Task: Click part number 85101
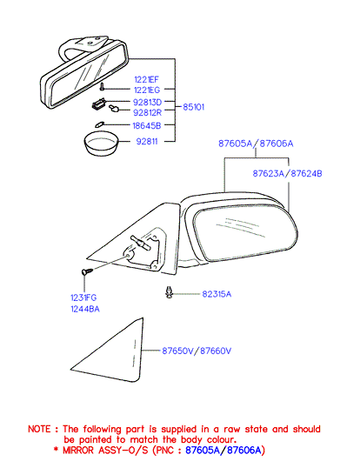[193, 107]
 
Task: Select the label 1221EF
[146, 79]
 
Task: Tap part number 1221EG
[147, 90]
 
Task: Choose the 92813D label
[147, 103]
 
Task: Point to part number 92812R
[147, 112]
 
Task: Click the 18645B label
[147, 125]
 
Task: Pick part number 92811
[147, 141]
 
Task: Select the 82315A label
[217, 294]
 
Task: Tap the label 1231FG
[83, 298]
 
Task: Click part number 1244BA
[85, 309]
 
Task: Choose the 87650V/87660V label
[197, 351]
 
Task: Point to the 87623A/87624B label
[287, 173]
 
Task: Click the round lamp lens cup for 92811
[101, 144]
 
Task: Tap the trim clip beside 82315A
[169, 292]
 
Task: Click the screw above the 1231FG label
[87, 271]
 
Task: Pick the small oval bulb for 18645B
[99, 124]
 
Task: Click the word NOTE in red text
[39, 429]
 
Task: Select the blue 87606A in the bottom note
[244, 450]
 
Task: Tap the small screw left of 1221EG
[103, 87]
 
